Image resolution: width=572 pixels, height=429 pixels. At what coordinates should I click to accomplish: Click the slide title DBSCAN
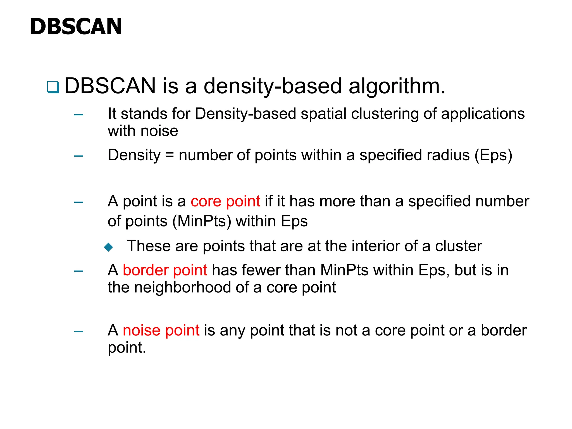76,27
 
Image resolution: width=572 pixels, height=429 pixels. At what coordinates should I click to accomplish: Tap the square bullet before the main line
53,87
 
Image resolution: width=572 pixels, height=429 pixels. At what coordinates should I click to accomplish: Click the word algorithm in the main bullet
397,86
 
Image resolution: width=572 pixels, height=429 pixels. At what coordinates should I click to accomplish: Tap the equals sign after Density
170,155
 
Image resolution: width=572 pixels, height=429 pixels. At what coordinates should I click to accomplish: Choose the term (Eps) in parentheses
494,155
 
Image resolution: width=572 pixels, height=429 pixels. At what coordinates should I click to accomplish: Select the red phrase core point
225,201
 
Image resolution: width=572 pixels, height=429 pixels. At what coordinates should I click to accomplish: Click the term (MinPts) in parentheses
202,221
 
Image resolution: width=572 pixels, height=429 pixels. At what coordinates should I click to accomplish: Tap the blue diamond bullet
108,247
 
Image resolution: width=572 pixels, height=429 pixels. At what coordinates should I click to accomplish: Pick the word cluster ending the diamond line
458,246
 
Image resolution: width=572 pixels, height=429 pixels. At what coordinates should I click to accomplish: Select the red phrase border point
165,270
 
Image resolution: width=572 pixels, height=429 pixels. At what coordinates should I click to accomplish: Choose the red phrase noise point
161,330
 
